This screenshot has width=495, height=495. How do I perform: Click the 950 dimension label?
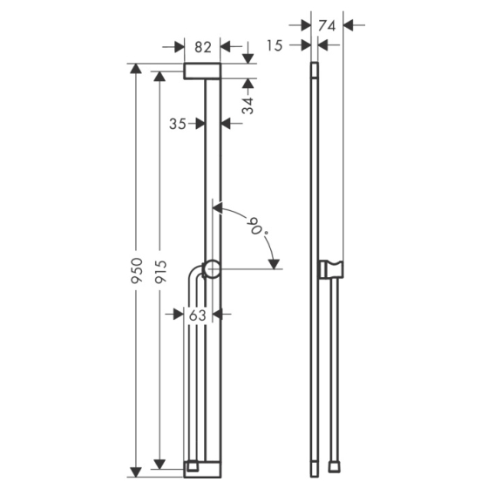137,270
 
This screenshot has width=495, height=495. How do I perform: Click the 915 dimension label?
160,271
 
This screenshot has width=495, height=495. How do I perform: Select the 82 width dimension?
203,47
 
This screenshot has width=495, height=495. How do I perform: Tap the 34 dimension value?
247,105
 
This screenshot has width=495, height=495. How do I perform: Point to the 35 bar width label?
178,124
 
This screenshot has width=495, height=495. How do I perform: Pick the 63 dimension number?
197,315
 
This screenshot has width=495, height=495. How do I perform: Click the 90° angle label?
259,227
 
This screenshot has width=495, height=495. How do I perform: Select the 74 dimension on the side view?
327,25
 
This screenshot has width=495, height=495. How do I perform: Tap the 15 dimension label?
275,46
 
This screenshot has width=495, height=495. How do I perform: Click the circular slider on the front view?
211,269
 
